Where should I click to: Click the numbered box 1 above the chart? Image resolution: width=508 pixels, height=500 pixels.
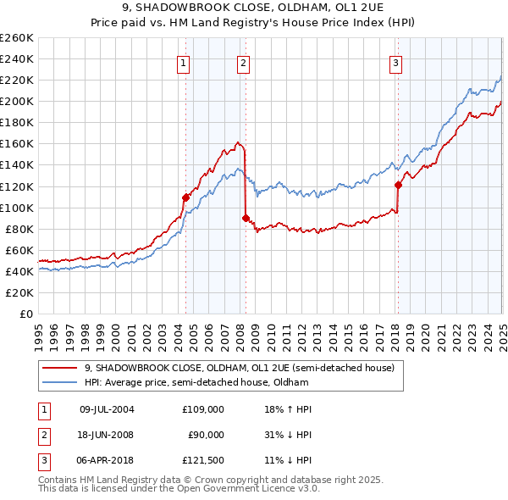pos(184,62)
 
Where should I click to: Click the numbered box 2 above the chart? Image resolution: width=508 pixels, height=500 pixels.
pos(243,62)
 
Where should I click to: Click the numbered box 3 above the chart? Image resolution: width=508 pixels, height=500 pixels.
pos(395,62)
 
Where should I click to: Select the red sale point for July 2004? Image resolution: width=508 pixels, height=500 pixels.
pos(185,197)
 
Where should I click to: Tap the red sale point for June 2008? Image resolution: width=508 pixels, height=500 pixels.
pos(246,218)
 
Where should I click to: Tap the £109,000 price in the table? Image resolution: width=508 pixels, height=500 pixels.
pos(203,408)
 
